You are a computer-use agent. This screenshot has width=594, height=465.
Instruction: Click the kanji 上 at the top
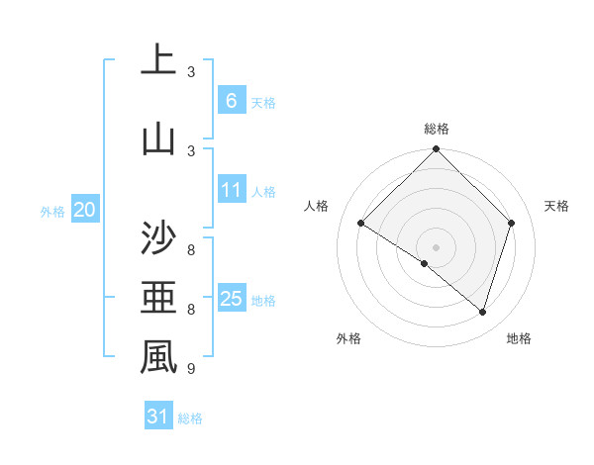pyautogui.click(x=158, y=60)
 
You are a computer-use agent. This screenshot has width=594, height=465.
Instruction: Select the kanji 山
pyautogui.click(x=158, y=138)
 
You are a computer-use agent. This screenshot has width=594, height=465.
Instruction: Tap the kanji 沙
pyautogui.click(x=158, y=238)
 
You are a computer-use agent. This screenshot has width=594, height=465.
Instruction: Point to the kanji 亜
pyautogui.click(x=158, y=297)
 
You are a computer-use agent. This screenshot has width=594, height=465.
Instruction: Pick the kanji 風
pyautogui.click(x=158, y=357)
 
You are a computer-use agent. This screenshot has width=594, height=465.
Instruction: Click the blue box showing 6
pyautogui.click(x=231, y=100)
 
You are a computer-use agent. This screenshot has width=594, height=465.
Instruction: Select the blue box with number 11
pyautogui.click(x=231, y=190)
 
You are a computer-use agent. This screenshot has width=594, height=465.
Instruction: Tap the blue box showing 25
pyautogui.click(x=231, y=299)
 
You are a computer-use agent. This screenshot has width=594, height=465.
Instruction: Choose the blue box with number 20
pyautogui.click(x=84, y=209)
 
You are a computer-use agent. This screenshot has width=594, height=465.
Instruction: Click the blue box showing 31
pyautogui.click(x=158, y=417)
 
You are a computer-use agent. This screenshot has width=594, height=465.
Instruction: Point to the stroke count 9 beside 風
pyautogui.click(x=191, y=369)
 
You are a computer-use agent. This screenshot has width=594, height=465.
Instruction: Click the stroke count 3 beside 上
pyautogui.click(x=191, y=72)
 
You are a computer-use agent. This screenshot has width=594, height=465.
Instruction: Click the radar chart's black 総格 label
pyautogui.click(x=437, y=129)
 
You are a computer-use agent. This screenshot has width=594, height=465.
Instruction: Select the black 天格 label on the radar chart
pyautogui.click(x=556, y=206)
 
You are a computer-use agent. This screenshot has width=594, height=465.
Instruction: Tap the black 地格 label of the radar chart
pyautogui.click(x=519, y=338)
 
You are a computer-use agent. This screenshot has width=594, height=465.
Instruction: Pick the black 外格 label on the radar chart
pyautogui.click(x=348, y=338)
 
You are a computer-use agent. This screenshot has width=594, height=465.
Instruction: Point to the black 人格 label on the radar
pyautogui.click(x=316, y=206)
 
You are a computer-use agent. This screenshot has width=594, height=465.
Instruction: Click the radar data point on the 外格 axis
pyautogui.click(x=425, y=263)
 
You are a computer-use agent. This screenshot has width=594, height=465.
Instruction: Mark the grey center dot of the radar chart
pyautogui.click(x=437, y=246)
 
